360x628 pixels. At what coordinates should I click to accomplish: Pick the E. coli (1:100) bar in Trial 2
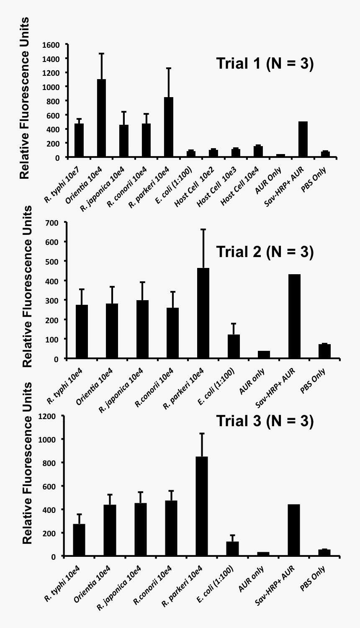coord(234,346)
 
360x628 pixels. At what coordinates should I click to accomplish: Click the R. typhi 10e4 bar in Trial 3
coord(79,540)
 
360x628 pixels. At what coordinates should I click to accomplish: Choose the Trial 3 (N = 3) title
coord(265,421)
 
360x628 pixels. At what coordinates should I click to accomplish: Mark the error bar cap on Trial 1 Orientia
coord(101,54)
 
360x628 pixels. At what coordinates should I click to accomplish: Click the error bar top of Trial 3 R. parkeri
coord(202,433)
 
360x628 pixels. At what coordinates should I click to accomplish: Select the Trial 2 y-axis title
coord(27,287)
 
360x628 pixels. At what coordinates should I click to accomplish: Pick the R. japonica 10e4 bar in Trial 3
coord(141,530)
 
